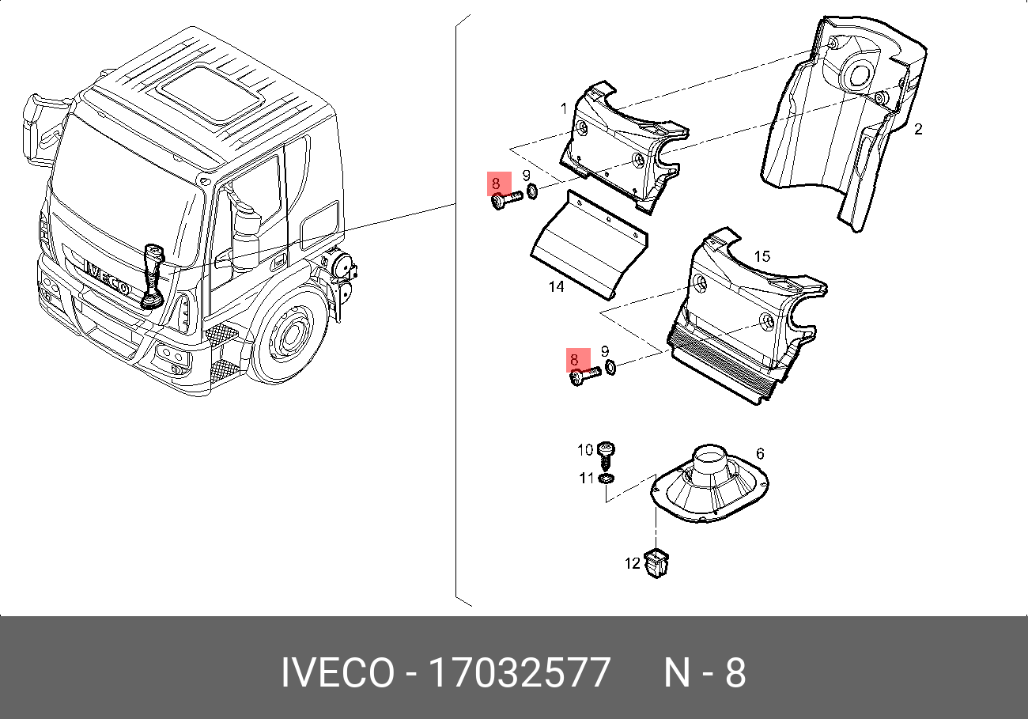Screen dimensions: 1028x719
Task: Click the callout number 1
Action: click(x=564, y=108)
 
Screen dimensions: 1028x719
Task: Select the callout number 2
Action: click(x=918, y=129)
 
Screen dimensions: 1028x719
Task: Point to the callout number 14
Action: click(x=557, y=287)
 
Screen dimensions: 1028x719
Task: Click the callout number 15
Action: click(x=762, y=256)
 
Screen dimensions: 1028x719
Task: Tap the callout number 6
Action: click(x=760, y=453)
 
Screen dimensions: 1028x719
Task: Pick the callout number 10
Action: click(x=584, y=450)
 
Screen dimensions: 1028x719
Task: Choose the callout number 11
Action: click(x=586, y=478)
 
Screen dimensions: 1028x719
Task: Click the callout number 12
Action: click(x=633, y=563)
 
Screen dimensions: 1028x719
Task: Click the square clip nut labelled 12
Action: click(x=655, y=562)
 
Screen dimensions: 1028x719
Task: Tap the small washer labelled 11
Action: click(x=607, y=479)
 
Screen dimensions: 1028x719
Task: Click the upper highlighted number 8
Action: click(x=496, y=184)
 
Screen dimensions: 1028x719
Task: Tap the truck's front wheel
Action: click(x=290, y=338)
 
